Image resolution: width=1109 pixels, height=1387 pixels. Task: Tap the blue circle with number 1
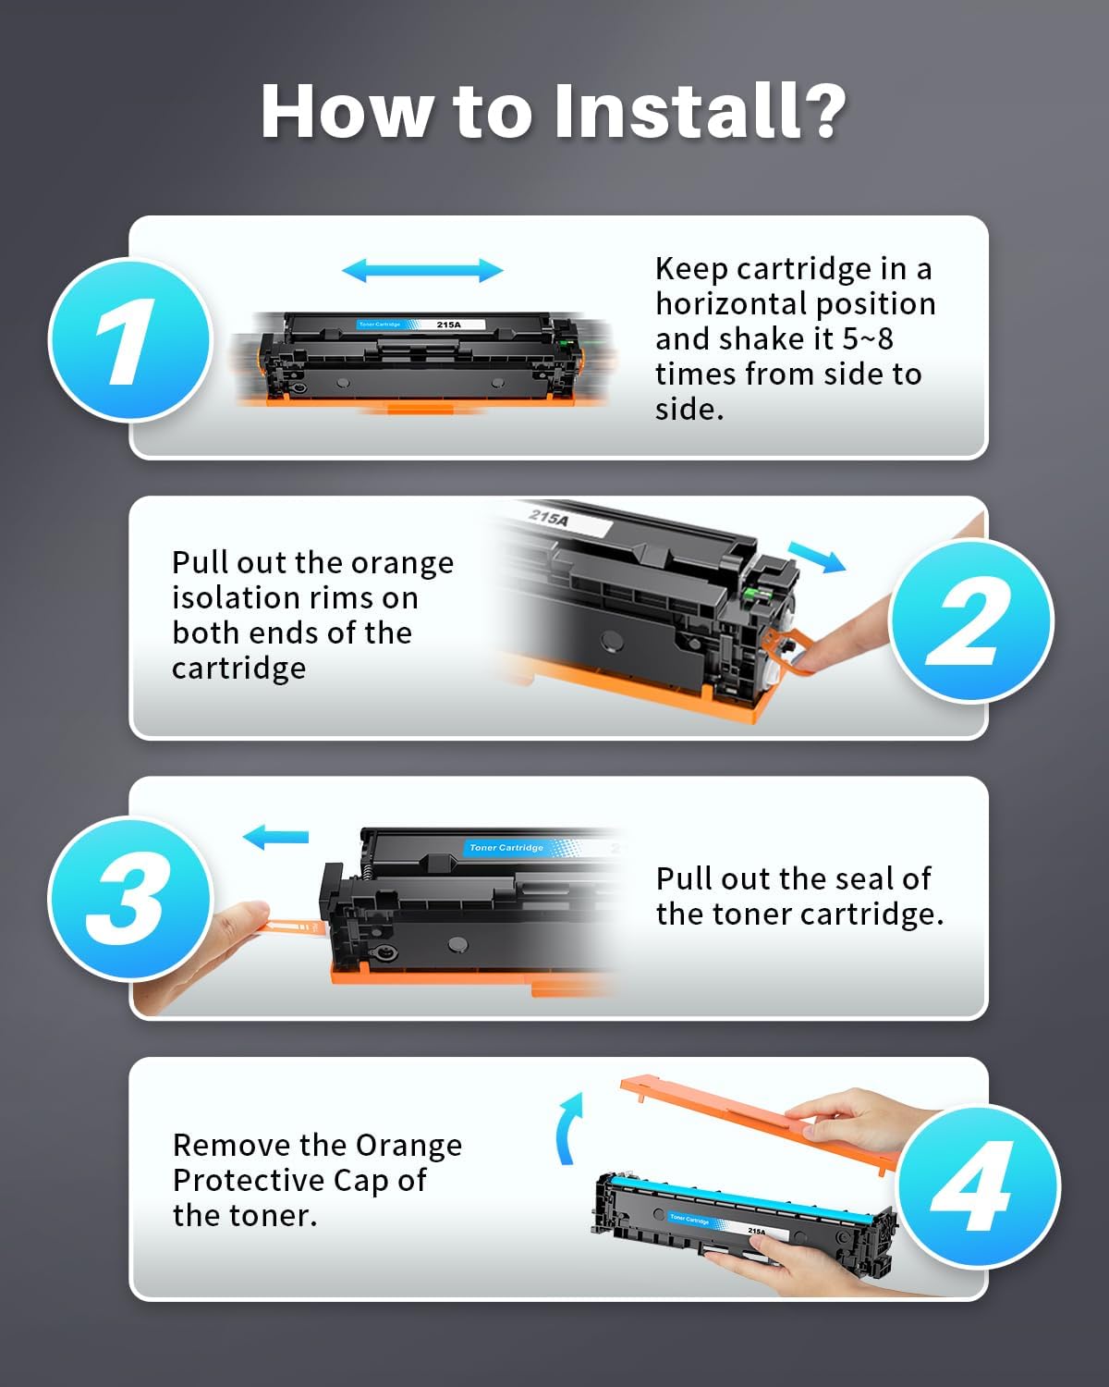[x=129, y=340]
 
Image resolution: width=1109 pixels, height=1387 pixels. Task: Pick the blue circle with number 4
[x=978, y=1187]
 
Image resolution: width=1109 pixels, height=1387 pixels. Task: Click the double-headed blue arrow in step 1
[x=422, y=270]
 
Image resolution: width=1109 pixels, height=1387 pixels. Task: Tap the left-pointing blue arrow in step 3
[x=275, y=837]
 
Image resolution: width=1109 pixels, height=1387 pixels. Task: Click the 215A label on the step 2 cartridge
[x=550, y=518]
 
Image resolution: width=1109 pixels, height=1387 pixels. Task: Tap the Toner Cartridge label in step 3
[x=506, y=847]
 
